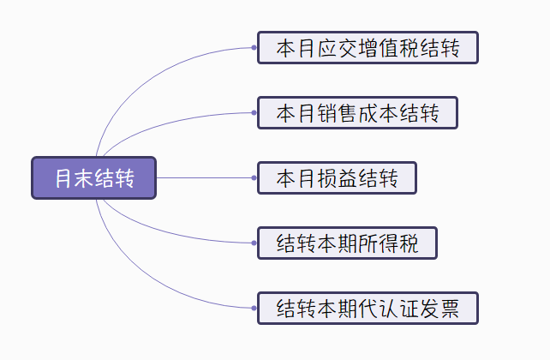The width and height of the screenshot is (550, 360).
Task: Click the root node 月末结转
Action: point(93,178)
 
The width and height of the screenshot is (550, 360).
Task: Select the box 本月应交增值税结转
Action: point(367,48)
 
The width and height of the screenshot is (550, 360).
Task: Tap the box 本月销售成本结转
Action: point(357,113)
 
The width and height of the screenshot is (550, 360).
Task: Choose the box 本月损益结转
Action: point(337,178)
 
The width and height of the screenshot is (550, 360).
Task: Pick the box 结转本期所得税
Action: point(347,243)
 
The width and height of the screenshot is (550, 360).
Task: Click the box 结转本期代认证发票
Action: point(367,308)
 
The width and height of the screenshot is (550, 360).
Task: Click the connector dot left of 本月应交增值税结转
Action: point(254,48)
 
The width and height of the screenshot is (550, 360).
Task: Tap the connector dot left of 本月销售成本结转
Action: point(254,113)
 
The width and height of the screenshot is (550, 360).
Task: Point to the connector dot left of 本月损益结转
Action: point(254,178)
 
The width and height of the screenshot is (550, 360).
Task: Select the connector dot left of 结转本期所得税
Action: point(254,243)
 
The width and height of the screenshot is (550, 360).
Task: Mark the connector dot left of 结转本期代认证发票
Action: point(254,308)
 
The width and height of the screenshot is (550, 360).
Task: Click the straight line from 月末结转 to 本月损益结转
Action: point(206,178)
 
